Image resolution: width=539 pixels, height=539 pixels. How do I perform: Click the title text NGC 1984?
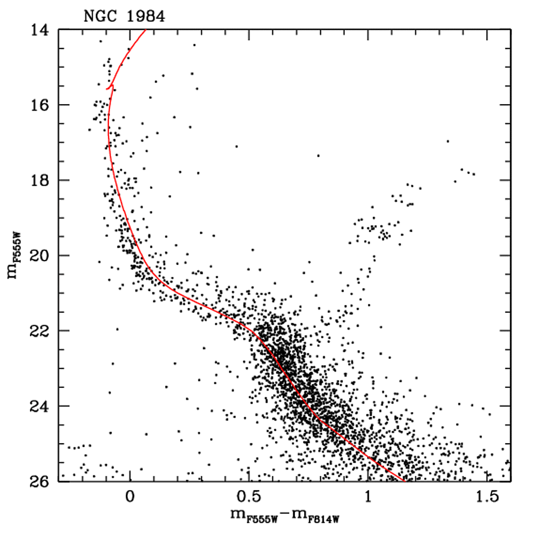[124, 16]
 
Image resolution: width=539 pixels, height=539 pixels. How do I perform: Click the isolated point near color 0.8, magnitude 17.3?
[318, 155]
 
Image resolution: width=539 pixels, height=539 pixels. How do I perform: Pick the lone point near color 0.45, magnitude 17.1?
[236, 146]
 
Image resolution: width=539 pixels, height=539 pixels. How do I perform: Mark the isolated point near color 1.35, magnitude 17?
[447, 141]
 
